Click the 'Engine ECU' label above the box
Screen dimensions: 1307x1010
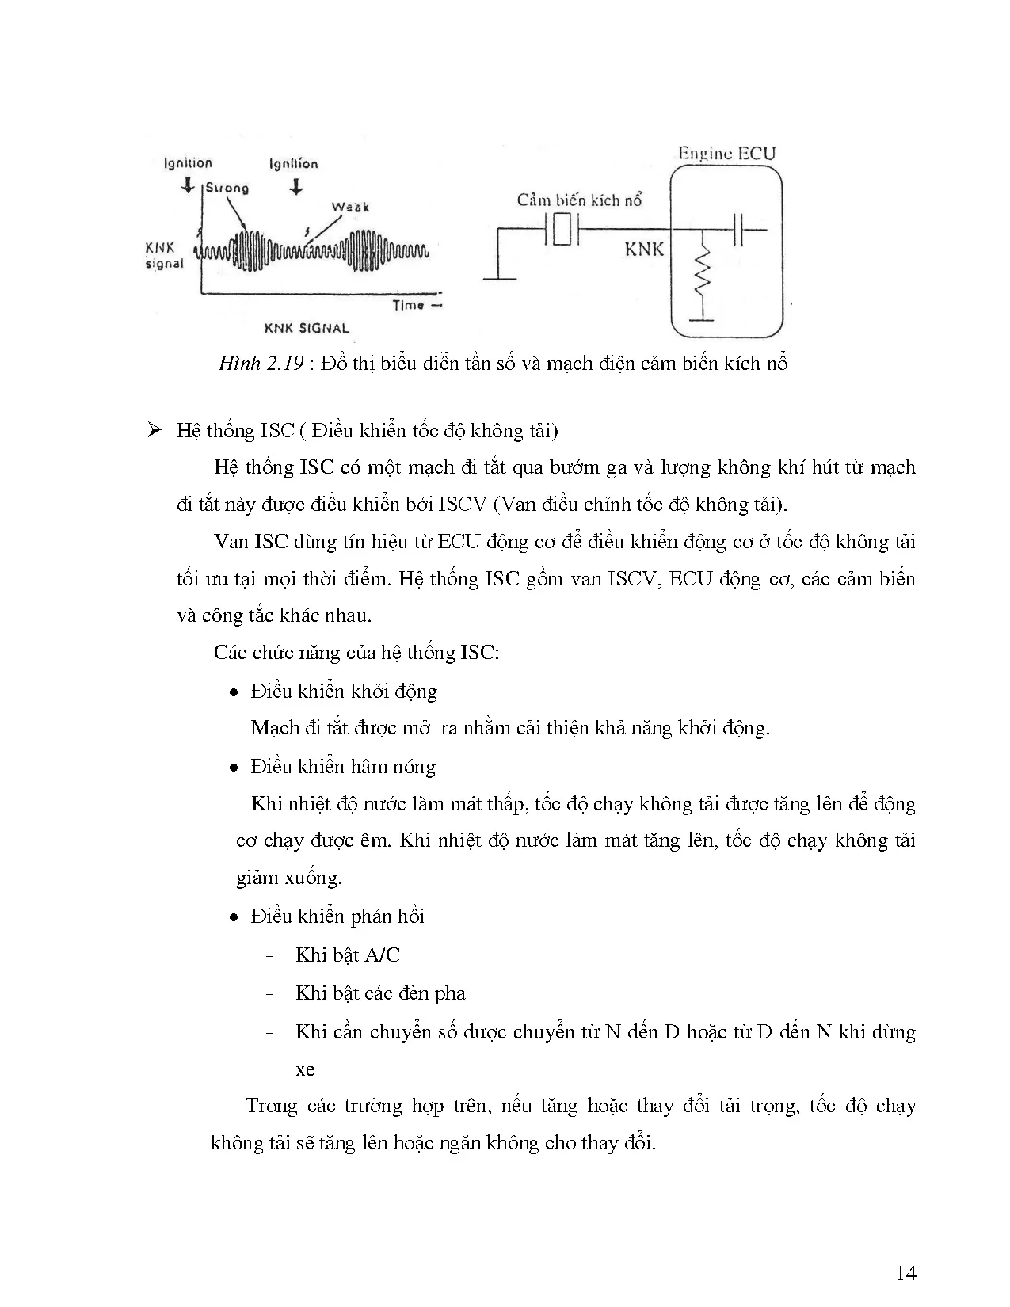click(726, 154)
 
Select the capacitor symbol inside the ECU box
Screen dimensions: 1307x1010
click(739, 230)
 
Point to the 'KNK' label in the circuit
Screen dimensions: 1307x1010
click(644, 250)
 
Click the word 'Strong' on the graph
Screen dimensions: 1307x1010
click(227, 189)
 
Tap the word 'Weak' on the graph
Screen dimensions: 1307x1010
click(350, 208)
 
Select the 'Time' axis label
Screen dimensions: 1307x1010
click(410, 306)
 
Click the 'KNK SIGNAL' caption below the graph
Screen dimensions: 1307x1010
click(307, 328)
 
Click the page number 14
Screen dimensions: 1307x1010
click(906, 1273)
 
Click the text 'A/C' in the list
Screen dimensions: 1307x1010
click(383, 955)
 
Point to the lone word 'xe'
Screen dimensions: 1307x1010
click(305, 1070)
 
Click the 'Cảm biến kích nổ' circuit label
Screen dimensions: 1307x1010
click(579, 200)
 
